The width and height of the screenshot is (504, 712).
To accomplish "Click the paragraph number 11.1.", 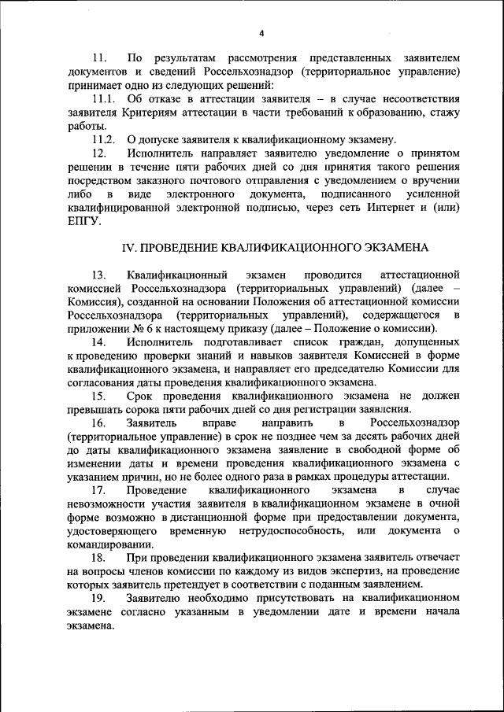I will [x=104, y=98].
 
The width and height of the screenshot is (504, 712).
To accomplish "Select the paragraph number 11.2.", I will [x=104, y=138].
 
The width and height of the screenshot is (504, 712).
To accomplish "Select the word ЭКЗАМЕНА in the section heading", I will [x=389, y=247].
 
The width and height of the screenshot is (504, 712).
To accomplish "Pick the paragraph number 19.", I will [x=99, y=599].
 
